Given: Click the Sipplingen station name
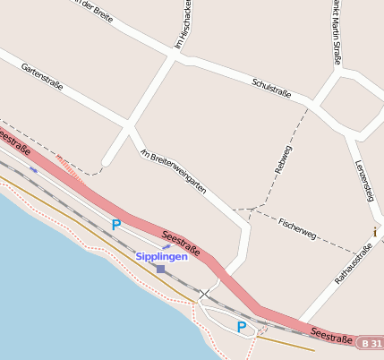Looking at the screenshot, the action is click(x=162, y=256).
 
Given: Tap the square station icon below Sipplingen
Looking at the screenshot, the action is click(x=160, y=269).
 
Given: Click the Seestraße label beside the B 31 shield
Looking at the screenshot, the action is click(x=331, y=334).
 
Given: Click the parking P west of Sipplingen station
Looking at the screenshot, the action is click(x=115, y=225).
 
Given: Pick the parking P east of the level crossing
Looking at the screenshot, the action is click(x=241, y=328).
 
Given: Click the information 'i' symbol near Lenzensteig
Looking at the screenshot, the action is click(x=374, y=232).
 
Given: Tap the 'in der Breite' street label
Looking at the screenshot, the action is click(x=95, y=13).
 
